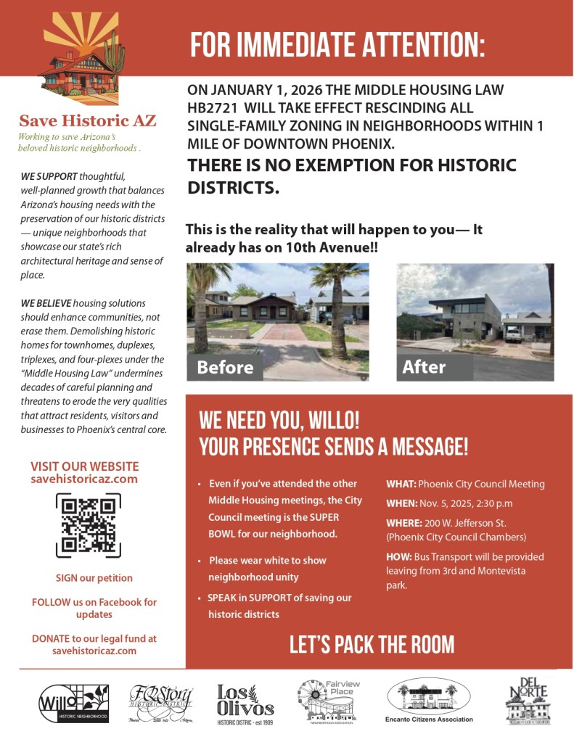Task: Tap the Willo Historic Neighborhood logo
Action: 73,703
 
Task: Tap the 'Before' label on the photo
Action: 225,367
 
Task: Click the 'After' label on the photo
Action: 424,367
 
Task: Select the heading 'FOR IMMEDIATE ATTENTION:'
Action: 337,45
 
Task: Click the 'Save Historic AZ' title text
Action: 87,120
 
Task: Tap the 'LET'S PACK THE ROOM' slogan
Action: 372,644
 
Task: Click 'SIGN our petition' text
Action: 94,578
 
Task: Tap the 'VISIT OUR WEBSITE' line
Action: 84,466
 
